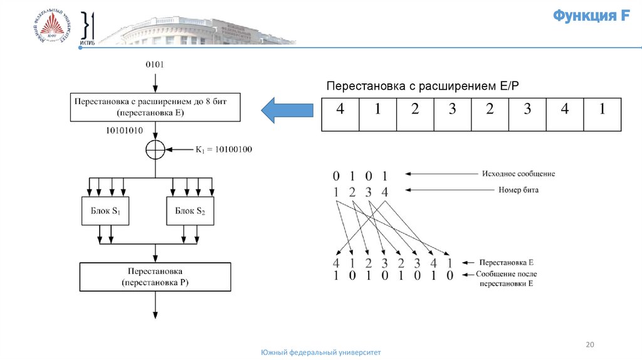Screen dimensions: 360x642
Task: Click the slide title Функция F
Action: point(591,16)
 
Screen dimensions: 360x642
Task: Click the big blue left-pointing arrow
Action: point(287,110)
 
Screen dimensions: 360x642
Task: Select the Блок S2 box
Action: point(190,211)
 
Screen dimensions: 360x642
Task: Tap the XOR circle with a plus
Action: point(155,150)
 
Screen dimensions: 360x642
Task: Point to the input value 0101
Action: point(155,64)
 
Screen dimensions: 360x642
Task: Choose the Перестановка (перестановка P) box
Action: point(155,277)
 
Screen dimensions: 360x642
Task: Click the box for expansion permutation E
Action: point(155,107)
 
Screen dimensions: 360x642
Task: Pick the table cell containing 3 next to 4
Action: point(527,109)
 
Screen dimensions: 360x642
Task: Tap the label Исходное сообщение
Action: point(518,174)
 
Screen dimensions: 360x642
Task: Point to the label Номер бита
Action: point(518,189)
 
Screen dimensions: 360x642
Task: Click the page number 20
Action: point(589,344)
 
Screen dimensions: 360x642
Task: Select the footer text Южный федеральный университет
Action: point(320,353)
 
